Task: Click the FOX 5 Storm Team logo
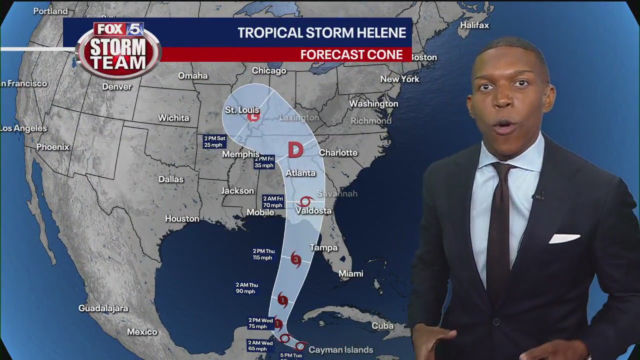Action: pyautogui.click(x=118, y=48)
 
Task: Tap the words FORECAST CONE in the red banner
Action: pyautogui.click(x=351, y=55)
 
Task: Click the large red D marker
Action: pyautogui.click(x=295, y=150)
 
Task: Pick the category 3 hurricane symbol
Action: pyautogui.click(x=295, y=259)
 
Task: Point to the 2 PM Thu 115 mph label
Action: pyautogui.click(x=263, y=254)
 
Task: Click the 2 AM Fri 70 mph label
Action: pyautogui.click(x=273, y=202)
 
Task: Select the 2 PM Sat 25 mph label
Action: pyautogui.click(x=214, y=141)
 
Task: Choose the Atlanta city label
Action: pyautogui.click(x=300, y=173)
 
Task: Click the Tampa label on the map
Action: pyautogui.click(x=323, y=247)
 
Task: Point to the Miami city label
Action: pyautogui.click(x=350, y=273)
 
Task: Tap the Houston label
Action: pyautogui.click(x=182, y=218)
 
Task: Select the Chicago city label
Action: pyautogui.click(x=269, y=71)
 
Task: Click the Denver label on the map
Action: pyautogui.click(x=116, y=86)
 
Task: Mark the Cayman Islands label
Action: pyautogui.click(x=340, y=350)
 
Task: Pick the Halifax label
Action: pyautogui.click(x=474, y=25)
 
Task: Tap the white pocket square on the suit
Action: pyautogui.click(x=564, y=238)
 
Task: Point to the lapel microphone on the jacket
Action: pyautogui.click(x=539, y=194)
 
